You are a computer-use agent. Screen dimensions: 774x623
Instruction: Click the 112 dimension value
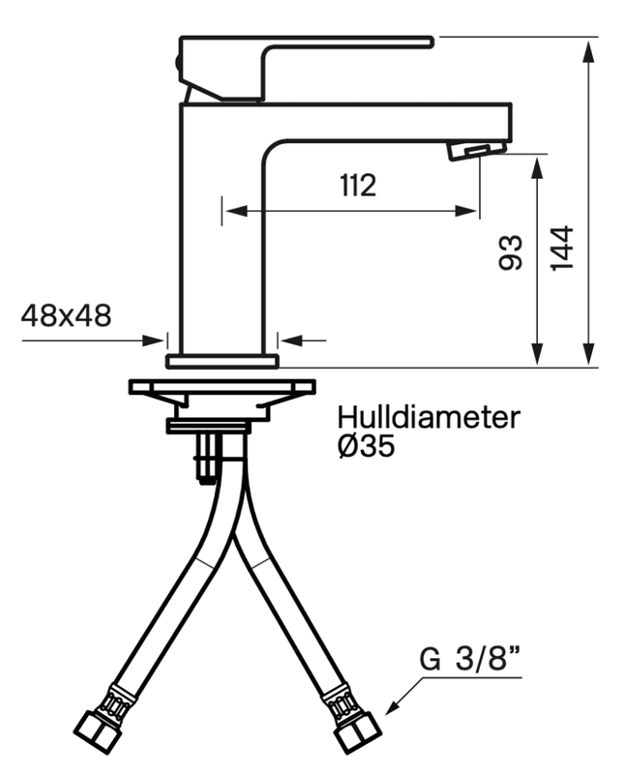[x=357, y=186]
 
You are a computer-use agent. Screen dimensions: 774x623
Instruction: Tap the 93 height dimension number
[x=511, y=253]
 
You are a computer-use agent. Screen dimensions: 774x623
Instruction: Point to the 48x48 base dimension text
[x=66, y=314]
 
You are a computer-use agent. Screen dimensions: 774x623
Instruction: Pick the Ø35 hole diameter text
[x=367, y=448]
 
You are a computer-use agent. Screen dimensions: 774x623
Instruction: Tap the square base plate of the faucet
[x=222, y=361]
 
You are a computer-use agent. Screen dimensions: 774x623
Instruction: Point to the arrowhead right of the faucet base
[x=287, y=340]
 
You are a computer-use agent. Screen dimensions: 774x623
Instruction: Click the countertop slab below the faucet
[x=222, y=387]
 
